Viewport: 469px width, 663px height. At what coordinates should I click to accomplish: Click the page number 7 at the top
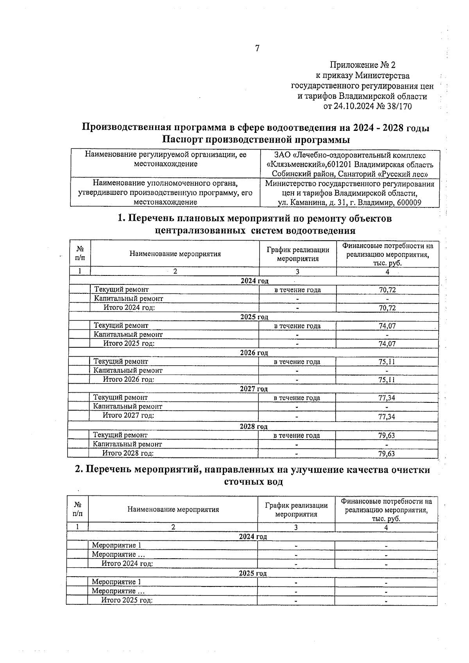click(x=257, y=48)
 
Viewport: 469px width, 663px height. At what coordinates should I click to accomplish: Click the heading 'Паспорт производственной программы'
click(x=256, y=139)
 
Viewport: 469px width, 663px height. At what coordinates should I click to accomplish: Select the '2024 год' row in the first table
click(x=254, y=281)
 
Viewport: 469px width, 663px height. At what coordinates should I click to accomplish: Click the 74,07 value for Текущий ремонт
click(x=387, y=326)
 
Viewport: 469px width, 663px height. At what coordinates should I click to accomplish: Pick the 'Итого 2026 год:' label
click(x=129, y=379)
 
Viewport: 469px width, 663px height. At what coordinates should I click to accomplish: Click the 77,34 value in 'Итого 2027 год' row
click(x=387, y=416)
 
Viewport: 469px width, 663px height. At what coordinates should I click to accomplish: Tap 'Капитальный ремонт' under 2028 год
click(x=127, y=444)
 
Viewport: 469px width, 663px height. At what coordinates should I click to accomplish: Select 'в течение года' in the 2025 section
click(x=297, y=326)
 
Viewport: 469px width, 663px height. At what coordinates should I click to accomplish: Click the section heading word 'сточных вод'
click(x=254, y=482)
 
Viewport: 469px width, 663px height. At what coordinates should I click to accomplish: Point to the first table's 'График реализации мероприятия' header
click(x=297, y=254)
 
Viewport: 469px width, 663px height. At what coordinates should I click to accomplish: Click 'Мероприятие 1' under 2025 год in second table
click(x=116, y=582)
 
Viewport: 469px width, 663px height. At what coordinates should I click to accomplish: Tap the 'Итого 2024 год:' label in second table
click(x=127, y=564)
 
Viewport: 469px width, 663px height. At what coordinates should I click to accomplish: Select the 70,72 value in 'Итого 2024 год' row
click(x=387, y=308)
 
